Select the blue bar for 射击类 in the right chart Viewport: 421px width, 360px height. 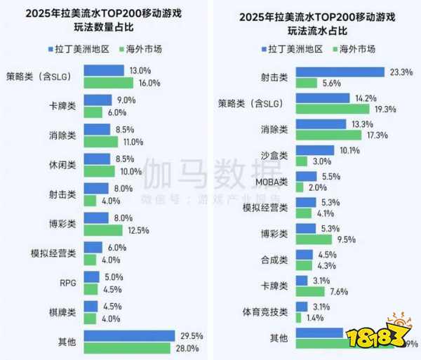(340, 72)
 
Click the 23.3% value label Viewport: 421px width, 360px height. (401, 72)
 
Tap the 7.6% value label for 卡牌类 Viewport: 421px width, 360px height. (338, 291)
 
